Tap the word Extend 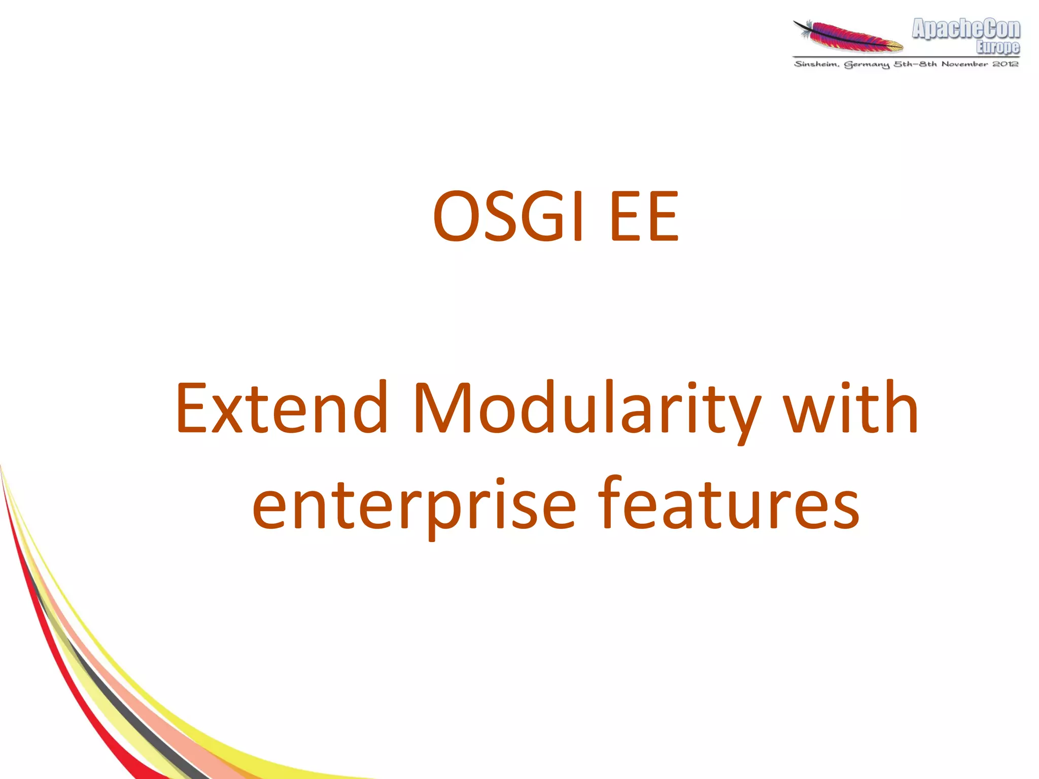click(282, 409)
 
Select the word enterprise click(414, 505)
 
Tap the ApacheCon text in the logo click(966, 29)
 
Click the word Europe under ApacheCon click(997, 47)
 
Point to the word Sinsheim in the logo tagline click(816, 64)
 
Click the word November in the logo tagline click(964, 64)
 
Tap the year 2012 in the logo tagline click(1006, 64)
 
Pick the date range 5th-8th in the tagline click(915, 64)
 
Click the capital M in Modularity click(441, 409)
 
